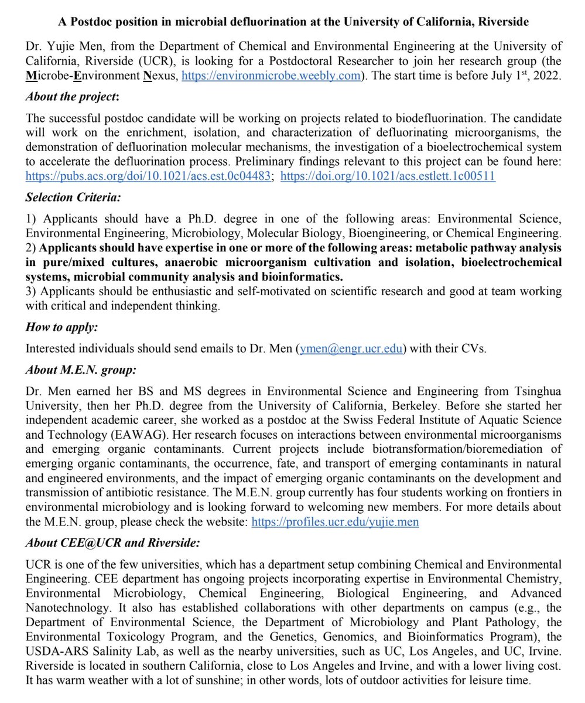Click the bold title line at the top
(293, 22)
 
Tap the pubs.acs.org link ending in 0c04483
(149, 175)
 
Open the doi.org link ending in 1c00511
(388, 175)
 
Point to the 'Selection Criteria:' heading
(74, 197)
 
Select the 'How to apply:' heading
(61, 327)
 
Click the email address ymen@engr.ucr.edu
(351, 349)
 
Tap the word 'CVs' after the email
(473, 349)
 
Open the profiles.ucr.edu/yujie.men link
(335, 521)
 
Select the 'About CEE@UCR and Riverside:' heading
(112, 543)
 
